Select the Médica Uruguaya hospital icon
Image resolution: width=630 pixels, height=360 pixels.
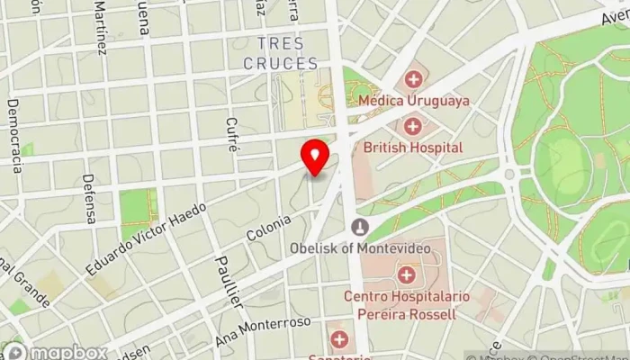pyautogui.click(x=413, y=79)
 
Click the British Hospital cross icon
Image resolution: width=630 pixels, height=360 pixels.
pyautogui.click(x=413, y=125)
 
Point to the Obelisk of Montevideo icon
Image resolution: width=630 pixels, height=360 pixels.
pyautogui.click(x=360, y=226)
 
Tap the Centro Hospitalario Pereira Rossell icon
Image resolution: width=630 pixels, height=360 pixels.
pyautogui.click(x=408, y=274)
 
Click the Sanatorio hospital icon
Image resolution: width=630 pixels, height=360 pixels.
pyautogui.click(x=339, y=339)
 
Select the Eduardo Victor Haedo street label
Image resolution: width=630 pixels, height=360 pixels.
pyautogui.click(x=146, y=238)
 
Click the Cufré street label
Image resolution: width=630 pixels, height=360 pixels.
pyautogui.click(x=232, y=134)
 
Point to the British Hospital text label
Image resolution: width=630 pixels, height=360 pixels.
pyautogui.click(x=413, y=147)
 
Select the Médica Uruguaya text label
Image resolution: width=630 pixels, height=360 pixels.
pyautogui.click(x=413, y=101)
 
